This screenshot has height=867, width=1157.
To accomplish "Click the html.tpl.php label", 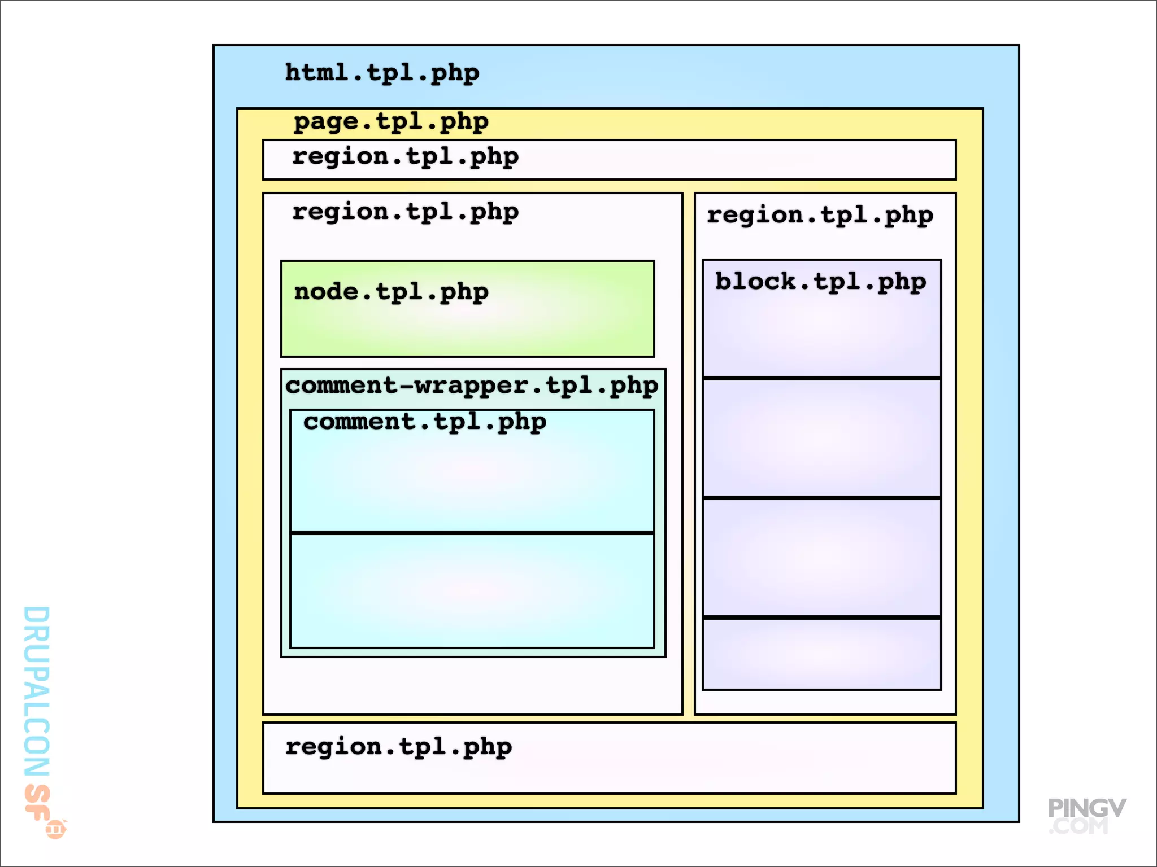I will (x=382, y=73).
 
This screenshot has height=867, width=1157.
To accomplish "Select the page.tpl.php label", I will (x=391, y=122).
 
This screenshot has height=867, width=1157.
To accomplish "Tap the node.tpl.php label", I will (x=391, y=292).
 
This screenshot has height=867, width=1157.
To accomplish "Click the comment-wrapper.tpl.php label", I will (x=472, y=386).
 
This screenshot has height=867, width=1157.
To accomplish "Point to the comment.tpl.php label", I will (x=425, y=422).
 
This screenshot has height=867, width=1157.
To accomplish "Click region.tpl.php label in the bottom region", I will (x=398, y=747).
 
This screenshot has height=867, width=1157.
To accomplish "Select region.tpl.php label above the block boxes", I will (x=820, y=216).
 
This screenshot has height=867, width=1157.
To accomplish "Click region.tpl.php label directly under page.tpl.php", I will (x=405, y=157).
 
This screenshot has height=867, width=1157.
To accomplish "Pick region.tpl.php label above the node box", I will (x=405, y=212).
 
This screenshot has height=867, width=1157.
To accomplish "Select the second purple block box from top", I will (x=821, y=438).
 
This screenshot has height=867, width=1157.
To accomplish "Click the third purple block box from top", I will (x=821, y=558).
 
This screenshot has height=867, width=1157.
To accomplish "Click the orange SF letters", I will (x=37, y=802).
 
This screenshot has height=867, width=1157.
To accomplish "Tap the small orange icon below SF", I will (x=56, y=829).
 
